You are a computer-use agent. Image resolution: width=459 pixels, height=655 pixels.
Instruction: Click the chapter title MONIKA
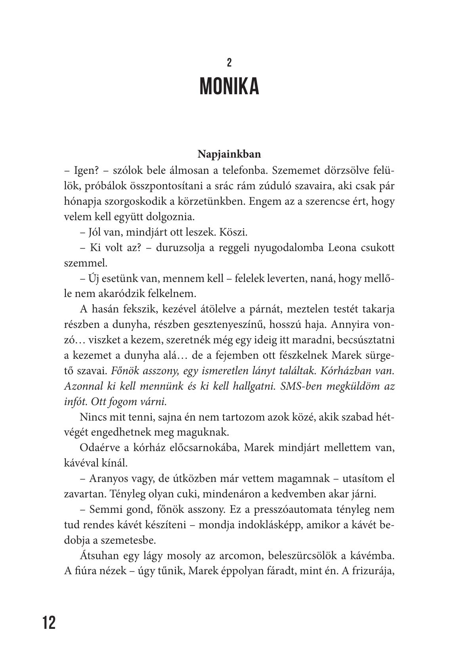pyautogui.click(x=229, y=86)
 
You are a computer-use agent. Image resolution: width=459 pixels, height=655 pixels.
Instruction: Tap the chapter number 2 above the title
pyautogui.click(x=229, y=63)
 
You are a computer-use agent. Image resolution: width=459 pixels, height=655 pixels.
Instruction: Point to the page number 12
pyautogui.click(x=49, y=623)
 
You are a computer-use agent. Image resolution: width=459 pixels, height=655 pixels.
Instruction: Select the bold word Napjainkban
pyautogui.click(x=229, y=154)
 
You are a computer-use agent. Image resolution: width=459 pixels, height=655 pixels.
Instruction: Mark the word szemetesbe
pyautogui.click(x=134, y=540)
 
